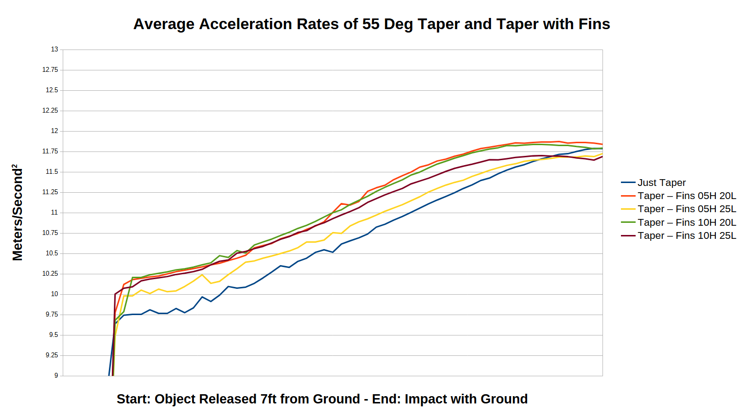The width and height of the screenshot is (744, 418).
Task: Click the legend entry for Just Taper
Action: [x=661, y=183]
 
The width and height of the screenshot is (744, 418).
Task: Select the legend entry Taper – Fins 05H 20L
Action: [x=687, y=196]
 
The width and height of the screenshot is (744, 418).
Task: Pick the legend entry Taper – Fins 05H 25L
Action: [x=687, y=209]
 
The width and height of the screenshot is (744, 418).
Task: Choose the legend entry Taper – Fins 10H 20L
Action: [x=687, y=222]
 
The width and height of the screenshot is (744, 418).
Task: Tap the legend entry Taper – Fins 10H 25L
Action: [x=687, y=235]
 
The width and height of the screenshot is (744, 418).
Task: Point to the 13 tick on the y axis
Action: [x=54, y=50]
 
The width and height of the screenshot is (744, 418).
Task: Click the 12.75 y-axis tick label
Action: [x=50, y=70]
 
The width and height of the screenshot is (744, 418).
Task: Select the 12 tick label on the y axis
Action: [x=54, y=131]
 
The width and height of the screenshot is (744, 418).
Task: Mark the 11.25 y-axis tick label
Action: [x=50, y=192]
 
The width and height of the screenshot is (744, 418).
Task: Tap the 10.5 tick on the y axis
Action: [x=52, y=253]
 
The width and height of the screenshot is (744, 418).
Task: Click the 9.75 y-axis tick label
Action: [x=52, y=315]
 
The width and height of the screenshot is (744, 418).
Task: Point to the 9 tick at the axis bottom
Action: [x=56, y=376]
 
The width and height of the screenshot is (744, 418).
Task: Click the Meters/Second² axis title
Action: [x=18, y=213]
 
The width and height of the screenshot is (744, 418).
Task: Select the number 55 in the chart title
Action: [x=371, y=24]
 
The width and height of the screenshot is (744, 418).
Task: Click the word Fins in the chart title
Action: [x=594, y=24]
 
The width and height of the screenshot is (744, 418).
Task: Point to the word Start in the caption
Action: [x=134, y=399]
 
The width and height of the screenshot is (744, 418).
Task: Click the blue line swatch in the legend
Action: [x=628, y=183]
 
